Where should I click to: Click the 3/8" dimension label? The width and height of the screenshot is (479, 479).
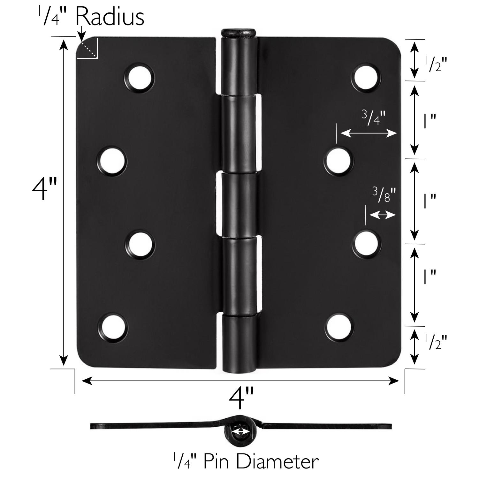pyautogui.click(x=384, y=194)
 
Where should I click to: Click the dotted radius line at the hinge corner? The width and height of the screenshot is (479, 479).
pyautogui.click(x=88, y=49)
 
